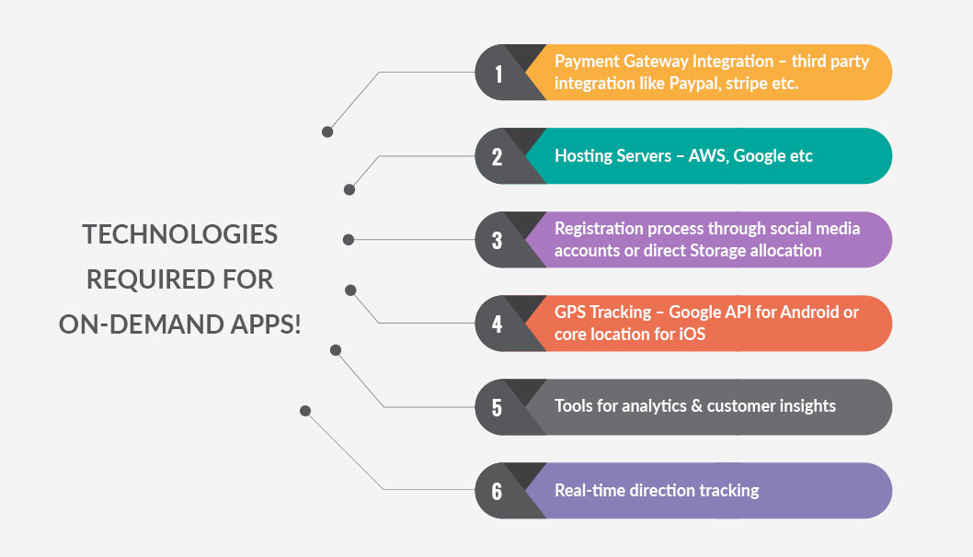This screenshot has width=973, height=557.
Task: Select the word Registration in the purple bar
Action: click(x=590, y=229)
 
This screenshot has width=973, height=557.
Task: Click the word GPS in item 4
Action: click(x=569, y=312)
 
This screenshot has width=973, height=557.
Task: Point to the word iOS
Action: click(x=692, y=335)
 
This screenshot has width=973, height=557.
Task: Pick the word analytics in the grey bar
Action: click(x=654, y=406)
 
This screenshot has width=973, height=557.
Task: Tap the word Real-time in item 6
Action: click(x=581, y=491)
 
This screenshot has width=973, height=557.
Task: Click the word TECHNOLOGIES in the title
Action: click(x=180, y=234)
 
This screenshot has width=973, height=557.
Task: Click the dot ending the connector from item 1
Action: click(x=327, y=132)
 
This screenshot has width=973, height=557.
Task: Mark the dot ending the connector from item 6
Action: click(x=305, y=411)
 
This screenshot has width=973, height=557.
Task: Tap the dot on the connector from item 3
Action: click(x=349, y=239)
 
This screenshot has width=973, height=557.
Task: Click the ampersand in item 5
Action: click(x=697, y=405)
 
